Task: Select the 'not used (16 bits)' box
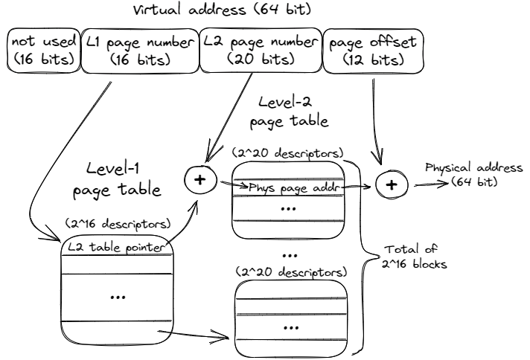pyautogui.click(x=43, y=50)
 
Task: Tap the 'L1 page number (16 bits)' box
pyautogui.click(x=138, y=50)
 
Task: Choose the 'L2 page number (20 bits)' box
pyautogui.click(x=261, y=50)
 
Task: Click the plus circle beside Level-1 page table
pyautogui.click(x=199, y=179)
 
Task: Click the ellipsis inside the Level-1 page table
pyautogui.click(x=118, y=296)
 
